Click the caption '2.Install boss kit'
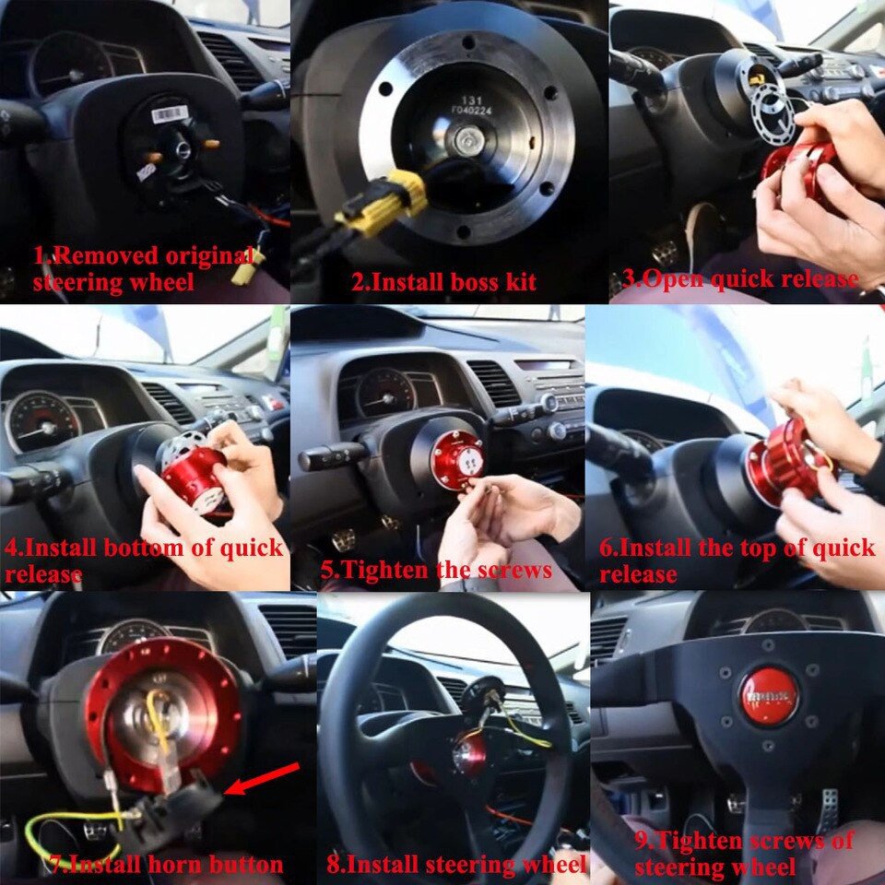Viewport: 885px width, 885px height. coord(443,281)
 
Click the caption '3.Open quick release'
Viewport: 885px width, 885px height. coord(740,279)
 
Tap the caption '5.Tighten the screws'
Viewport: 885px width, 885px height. coord(436,569)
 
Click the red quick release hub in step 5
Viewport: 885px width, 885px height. coord(457,457)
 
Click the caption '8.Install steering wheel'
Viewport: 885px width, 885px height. coord(455,864)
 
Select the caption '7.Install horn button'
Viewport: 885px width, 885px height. coord(166,864)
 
